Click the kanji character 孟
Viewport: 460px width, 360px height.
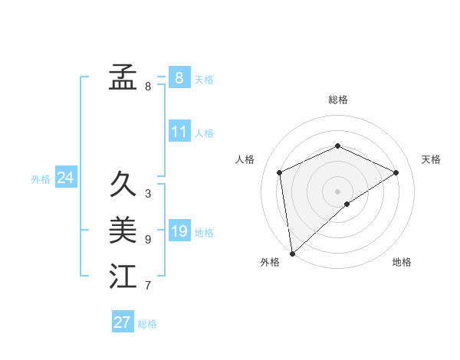pyautogui.click(x=123, y=77)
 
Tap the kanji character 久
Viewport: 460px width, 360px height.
pyautogui.click(x=123, y=185)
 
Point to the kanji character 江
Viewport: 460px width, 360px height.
pyautogui.click(x=123, y=277)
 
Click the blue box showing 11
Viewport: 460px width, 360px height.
pyautogui.click(x=179, y=132)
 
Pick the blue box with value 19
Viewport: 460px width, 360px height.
pyautogui.click(x=179, y=231)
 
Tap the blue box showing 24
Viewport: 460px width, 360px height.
pyautogui.click(x=66, y=178)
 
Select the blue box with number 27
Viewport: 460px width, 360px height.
pyautogui.click(x=123, y=322)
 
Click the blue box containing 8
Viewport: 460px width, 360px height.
pyautogui.click(x=179, y=77)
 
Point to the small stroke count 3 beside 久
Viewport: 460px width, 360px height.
pyautogui.click(x=148, y=194)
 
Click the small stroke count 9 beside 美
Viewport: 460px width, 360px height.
pyautogui.click(x=148, y=240)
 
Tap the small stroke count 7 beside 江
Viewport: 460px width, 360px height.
pyautogui.click(x=148, y=286)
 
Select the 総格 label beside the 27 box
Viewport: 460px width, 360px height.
pyautogui.click(x=147, y=324)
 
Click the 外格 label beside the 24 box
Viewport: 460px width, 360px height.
pyautogui.click(x=41, y=179)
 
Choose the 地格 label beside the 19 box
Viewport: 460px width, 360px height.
pyautogui.click(x=204, y=233)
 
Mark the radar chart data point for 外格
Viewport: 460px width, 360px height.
pyautogui.click(x=292, y=253)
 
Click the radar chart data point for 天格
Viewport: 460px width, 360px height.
pyautogui.click(x=396, y=172)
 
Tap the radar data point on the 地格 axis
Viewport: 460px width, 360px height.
pyautogui.click(x=347, y=204)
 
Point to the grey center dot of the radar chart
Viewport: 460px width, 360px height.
pyautogui.click(x=337, y=191)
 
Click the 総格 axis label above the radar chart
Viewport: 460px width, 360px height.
pyautogui.click(x=337, y=100)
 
